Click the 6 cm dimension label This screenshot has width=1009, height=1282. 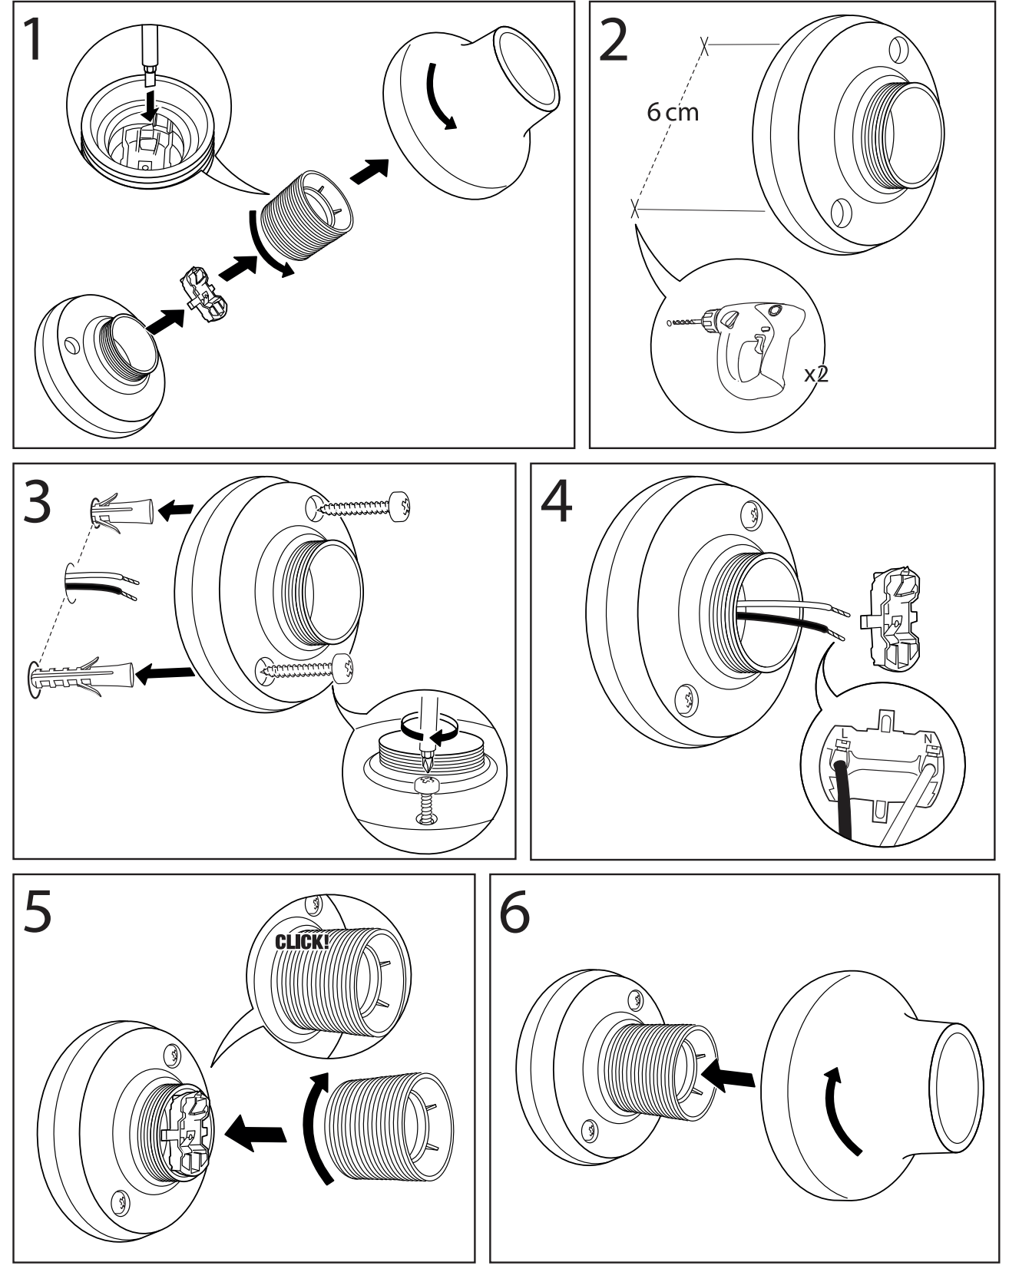pyautogui.click(x=673, y=112)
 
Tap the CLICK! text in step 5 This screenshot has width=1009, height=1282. pyautogui.click(x=303, y=941)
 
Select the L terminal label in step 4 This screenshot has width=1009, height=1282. pyautogui.click(x=844, y=733)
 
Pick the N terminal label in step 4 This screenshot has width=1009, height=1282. pyautogui.click(x=928, y=739)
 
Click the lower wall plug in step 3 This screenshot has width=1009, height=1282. pyautogui.click(x=81, y=676)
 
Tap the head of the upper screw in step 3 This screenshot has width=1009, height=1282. pyautogui.click(x=402, y=506)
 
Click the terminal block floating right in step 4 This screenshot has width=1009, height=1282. pyautogui.click(x=894, y=619)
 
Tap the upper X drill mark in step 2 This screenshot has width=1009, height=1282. pyautogui.click(x=704, y=45)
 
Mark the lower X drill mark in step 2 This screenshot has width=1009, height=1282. pyautogui.click(x=635, y=208)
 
